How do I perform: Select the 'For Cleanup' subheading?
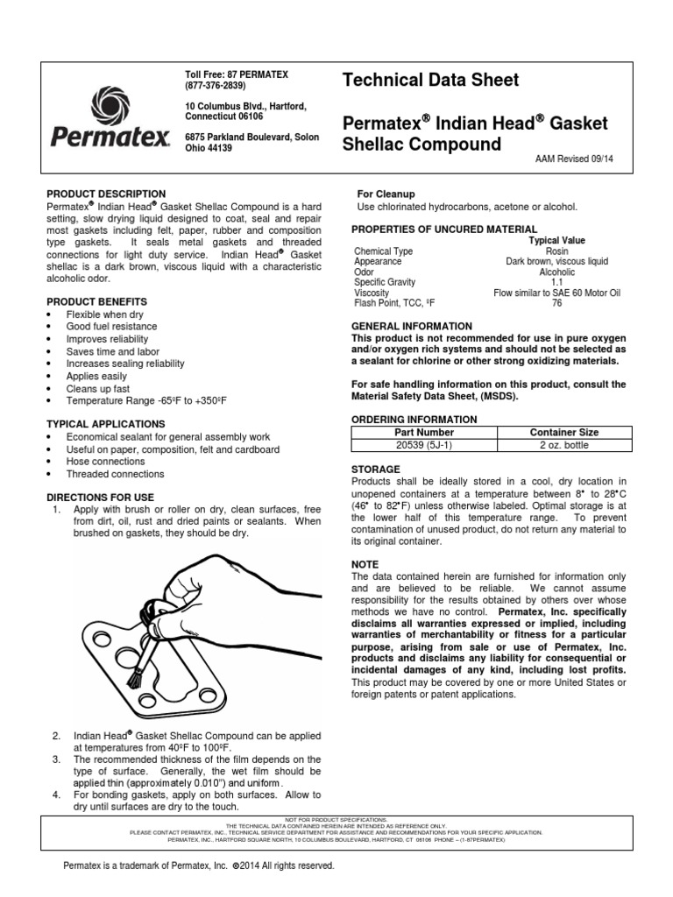click(x=386, y=194)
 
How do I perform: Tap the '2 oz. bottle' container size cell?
click(x=564, y=444)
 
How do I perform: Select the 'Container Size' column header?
click(x=564, y=432)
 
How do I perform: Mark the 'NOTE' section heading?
click(x=364, y=565)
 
